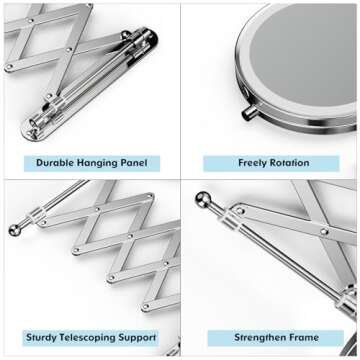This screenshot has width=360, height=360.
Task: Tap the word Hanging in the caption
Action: [101, 161]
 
